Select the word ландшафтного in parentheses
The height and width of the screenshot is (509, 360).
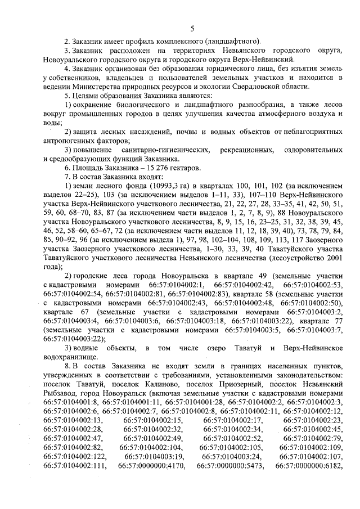point(227,41)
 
